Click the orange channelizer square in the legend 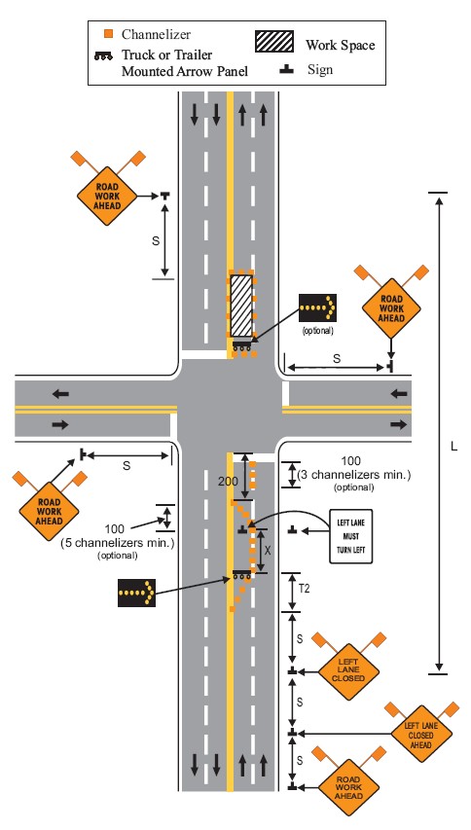pyautogui.click(x=108, y=34)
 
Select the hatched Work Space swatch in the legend pyautogui.click(x=274, y=41)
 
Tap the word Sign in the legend pyautogui.click(x=320, y=69)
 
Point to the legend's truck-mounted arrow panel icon pyautogui.click(x=103, y=55)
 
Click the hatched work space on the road pyautogui.click(x=240, y=306)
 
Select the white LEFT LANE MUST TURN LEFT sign pyautogui.click(x=351, y=536)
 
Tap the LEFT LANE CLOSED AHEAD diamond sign pyautogui.click(x=421, y=734)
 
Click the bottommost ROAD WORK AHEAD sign pyautogui.click(x=347, y=787)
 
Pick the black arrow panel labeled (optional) pyautogui.click(x=317, y=308)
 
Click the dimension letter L pyautogui.click(x=453, y=447)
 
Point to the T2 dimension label pyautogui.click(x=304, y=588)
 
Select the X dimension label pyautogui.click(x=268, y=551)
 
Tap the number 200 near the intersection pyautogui.click(x=228, y=482)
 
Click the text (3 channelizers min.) pyautogui.click(x=354, y=475)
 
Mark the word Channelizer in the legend pyautogui.click(x=156, y=34)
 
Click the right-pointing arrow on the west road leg pyautogui.click(x=61, y=424)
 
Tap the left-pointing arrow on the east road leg pyautogui.click(x=399, y=394)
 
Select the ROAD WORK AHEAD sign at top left pyautogui.click(x=107, y=196)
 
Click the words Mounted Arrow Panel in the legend pyautogui.click(x=185, y=71)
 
